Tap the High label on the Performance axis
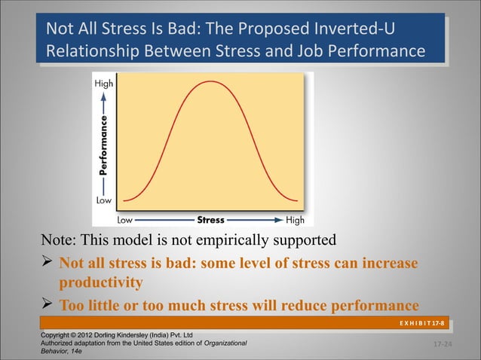(x=104, y=84)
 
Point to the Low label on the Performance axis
(x=103, y=201)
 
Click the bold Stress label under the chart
(x=210, y=221)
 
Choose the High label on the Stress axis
(x=296, y=221)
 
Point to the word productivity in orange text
(x=101, y=284)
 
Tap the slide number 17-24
(x=443, y=344)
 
